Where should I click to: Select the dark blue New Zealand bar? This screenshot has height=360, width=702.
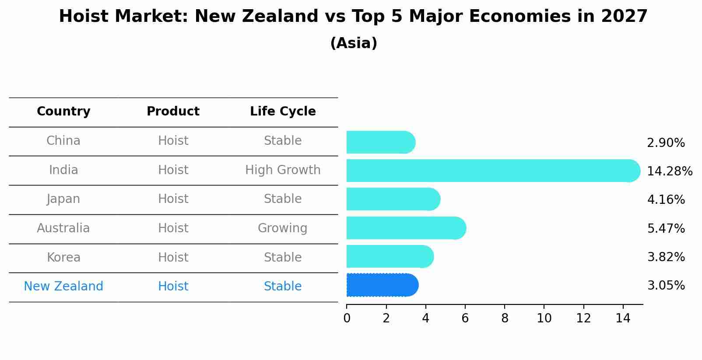click(382, 285)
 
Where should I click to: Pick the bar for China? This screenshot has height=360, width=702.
click(380, 142)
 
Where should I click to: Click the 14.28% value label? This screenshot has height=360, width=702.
click(669, 171)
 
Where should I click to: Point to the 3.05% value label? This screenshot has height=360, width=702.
click(666, 286)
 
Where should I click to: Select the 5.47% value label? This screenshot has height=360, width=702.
click(666, 228)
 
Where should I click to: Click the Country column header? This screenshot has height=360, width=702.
click(63, 112)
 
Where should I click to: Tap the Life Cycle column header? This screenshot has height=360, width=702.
click(283, 112)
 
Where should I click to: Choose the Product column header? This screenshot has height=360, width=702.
click(173, 112)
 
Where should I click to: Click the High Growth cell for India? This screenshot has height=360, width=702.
click(283, 170)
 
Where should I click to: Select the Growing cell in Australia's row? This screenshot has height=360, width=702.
click(282, 228)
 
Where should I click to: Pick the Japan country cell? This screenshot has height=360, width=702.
click(63, 199)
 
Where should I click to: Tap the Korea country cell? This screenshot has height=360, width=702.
click(63, 257)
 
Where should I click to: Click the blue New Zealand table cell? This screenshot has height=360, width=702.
click(63, 287)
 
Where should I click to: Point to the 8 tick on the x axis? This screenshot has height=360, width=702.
click(505, 318)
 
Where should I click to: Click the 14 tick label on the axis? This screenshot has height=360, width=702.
click(623, 318)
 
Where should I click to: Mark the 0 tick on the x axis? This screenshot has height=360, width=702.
click(347, 318)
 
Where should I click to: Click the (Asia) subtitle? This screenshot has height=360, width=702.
click(354, 43)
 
